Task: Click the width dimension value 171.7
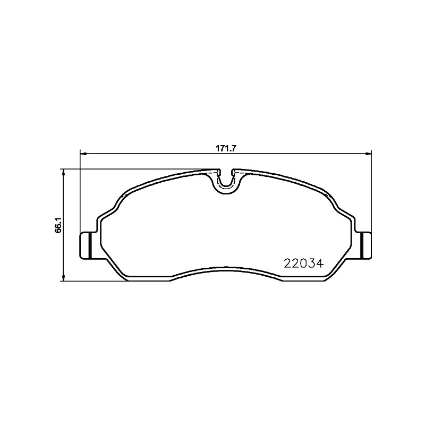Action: [x=226, y=148]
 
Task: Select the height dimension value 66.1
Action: [x=58, y=225]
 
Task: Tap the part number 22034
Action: [x=304, y=263]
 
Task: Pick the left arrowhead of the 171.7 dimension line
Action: [x=83, y=154]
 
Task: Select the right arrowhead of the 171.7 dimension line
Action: [x=368, y=154]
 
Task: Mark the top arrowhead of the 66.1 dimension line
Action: [x=63, y=172]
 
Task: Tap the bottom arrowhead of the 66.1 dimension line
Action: [x=63, y=278]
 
